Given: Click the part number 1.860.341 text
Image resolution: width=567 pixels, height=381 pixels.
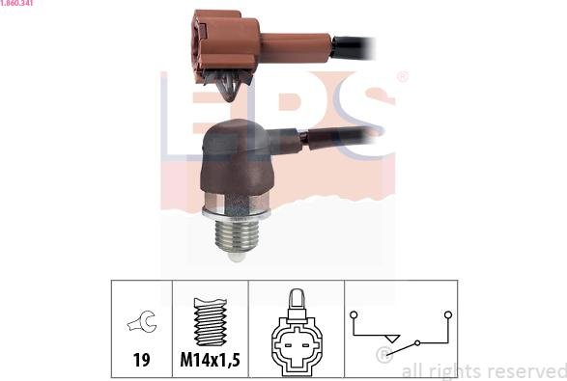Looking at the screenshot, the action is click(16, 3).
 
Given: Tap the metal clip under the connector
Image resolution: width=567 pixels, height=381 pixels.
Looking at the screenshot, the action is click(228, 85).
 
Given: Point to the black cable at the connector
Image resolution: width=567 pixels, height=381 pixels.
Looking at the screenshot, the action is click(354, 47).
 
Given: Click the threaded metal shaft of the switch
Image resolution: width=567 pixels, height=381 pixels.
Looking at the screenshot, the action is click(237, 235).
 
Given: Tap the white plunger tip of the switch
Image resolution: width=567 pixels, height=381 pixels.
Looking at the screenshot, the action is click(237, 256).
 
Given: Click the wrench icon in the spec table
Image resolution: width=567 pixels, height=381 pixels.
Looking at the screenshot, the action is click(142, 321).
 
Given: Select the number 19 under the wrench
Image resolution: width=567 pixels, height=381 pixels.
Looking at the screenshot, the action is click(141, 360).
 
